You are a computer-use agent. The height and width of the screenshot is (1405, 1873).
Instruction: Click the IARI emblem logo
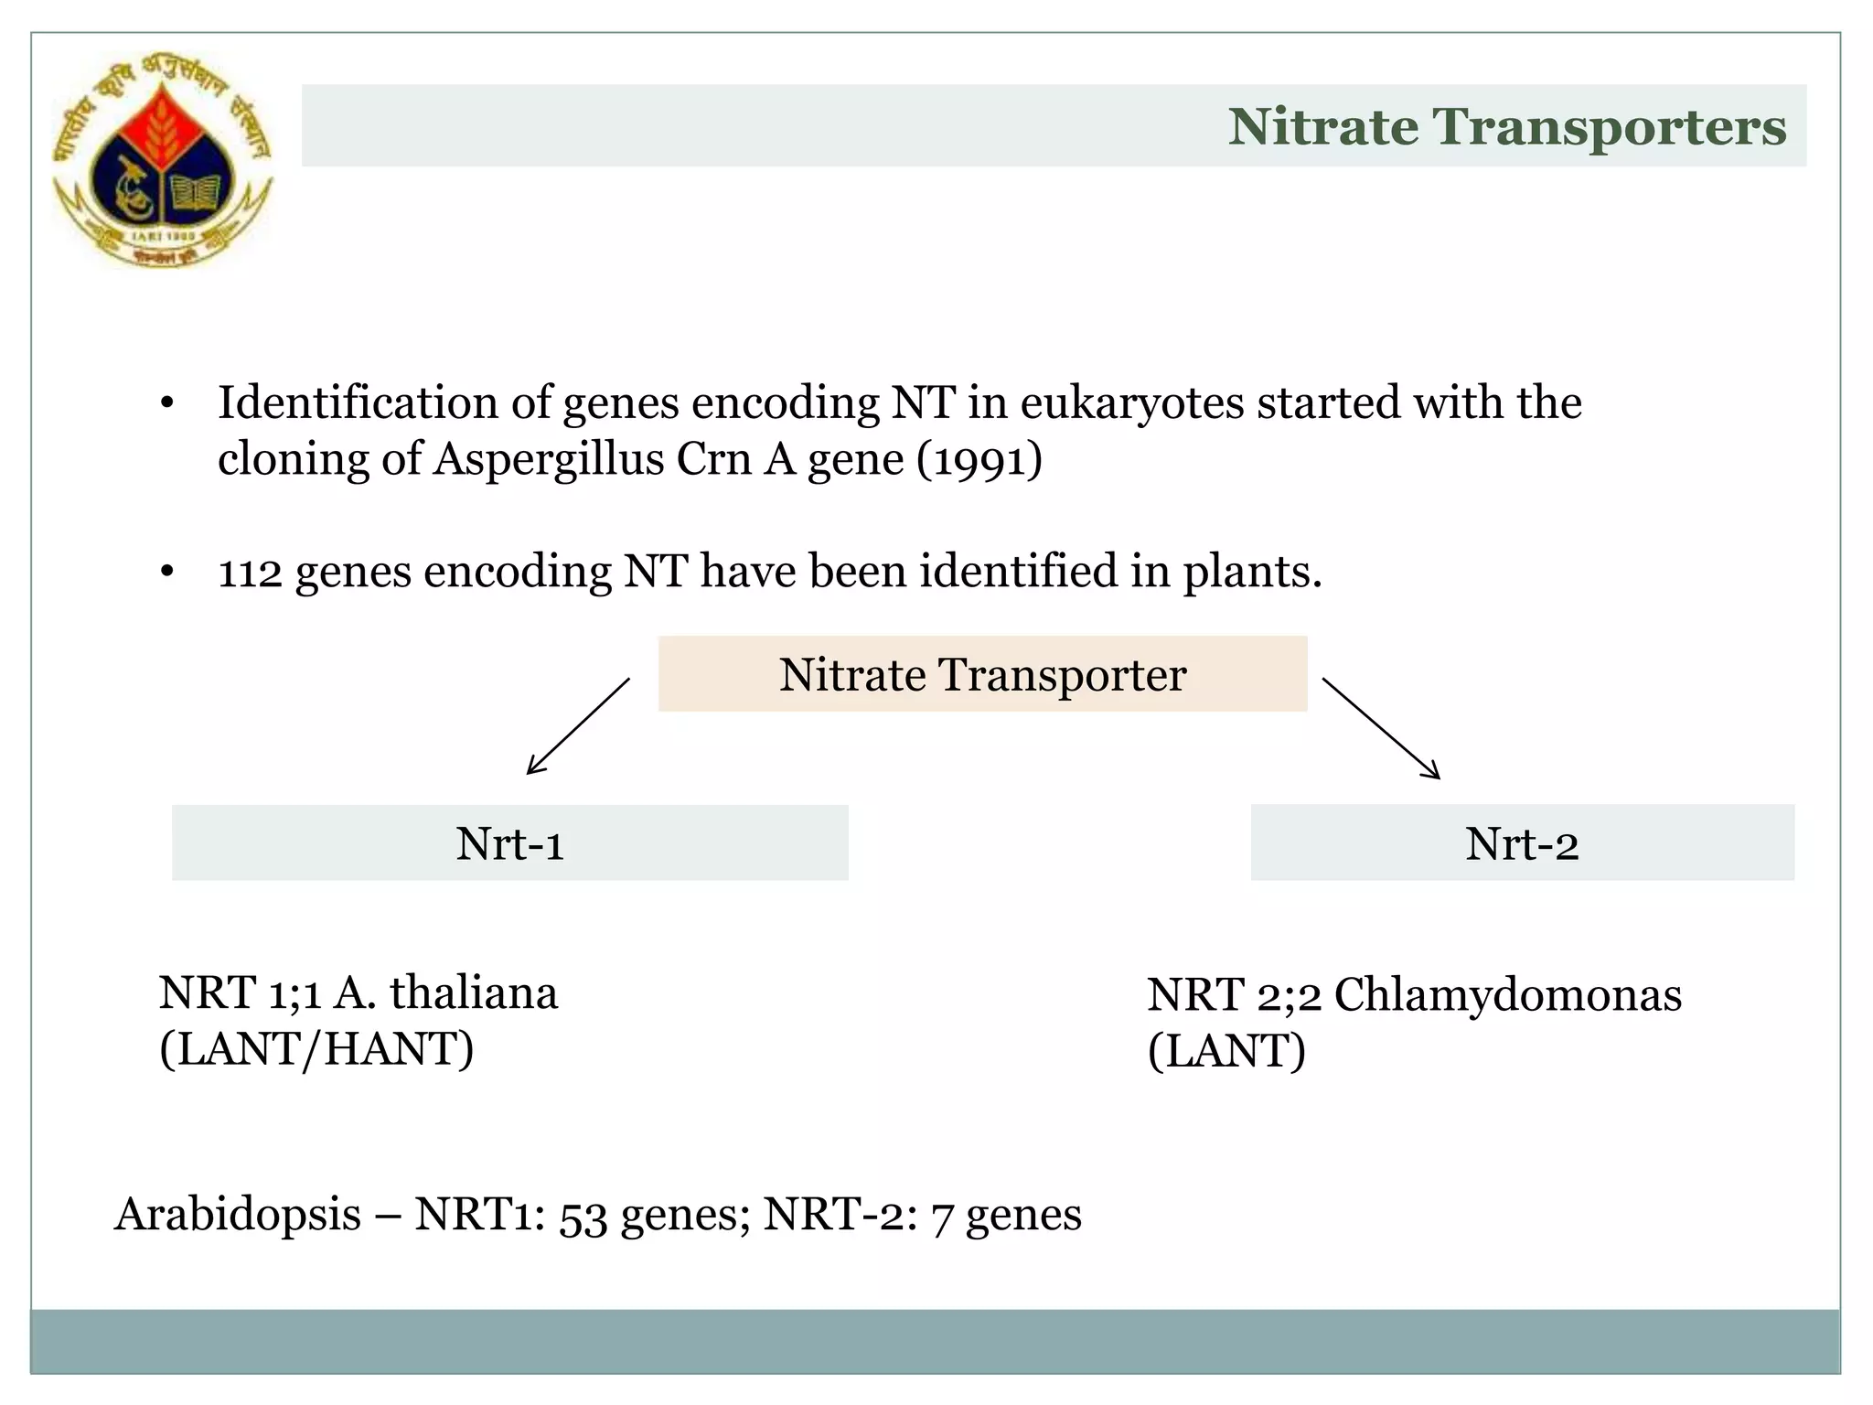tap(163, 160)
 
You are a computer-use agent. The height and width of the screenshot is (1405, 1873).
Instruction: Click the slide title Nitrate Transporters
tap(1506, 126)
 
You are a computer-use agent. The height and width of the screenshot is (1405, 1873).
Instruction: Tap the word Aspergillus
tap(549, 459)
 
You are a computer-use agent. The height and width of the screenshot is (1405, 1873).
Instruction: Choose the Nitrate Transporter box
tap(982, 674)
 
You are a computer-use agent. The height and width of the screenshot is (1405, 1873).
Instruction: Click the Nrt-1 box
tap(509, 842)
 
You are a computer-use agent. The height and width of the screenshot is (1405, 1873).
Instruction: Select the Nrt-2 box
tap(1522, 842)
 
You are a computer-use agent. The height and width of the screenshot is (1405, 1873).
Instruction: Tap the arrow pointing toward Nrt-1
tap(578, 726)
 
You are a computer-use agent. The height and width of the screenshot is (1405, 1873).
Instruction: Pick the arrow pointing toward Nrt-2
tap(1381, 728)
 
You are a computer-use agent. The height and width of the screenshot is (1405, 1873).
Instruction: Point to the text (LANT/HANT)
tap(316, 1049)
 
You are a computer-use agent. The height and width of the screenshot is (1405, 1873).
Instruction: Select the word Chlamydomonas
tap(1507, 995)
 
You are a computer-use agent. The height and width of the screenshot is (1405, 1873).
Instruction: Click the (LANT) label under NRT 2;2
tap(1226, 1051)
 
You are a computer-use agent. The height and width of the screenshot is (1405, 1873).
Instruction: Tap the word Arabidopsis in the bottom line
tap(238, 1215)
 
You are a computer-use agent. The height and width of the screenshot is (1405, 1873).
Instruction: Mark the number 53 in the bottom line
tap(583, 1217)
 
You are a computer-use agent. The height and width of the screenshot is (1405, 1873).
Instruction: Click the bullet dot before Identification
tap(166, 404)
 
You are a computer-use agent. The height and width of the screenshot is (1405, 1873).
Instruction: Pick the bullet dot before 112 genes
tap(166, 573)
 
